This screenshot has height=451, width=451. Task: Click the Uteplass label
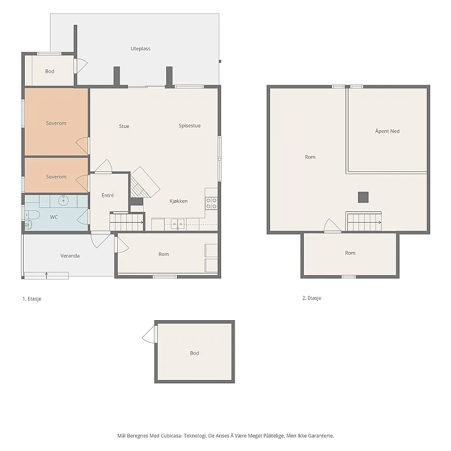click(x=140, y=48)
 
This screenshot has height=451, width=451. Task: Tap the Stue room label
click(x=124, y=126)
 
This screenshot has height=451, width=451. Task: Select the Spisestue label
click(x=189, y=126)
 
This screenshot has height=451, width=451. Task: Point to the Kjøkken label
click(x=178, y=201)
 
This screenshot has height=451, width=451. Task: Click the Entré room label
click(x=108, y=195)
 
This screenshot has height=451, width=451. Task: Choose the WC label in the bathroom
click(x=54, y=217)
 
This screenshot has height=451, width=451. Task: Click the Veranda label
click(x=70, y=256)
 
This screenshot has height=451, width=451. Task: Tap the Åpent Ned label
click(x=387, y=131)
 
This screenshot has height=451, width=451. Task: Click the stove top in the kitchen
click(x=211, y=203)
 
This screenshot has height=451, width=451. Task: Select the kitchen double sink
click(x=178, y=224)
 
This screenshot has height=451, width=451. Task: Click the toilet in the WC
click(x=32, y=215)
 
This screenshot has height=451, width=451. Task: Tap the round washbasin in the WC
click(x=63, y=201)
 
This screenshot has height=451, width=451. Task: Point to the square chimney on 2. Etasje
click(x=363, y=197)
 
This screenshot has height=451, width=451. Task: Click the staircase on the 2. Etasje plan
click(x=364, y=222)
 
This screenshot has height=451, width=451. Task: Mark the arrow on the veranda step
click(x=47, y=275)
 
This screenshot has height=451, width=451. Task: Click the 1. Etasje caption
click(x=32, y=299)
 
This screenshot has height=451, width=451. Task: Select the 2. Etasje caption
click(x=312, y=298)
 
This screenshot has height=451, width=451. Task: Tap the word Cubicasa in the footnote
click(x=171, y=436)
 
